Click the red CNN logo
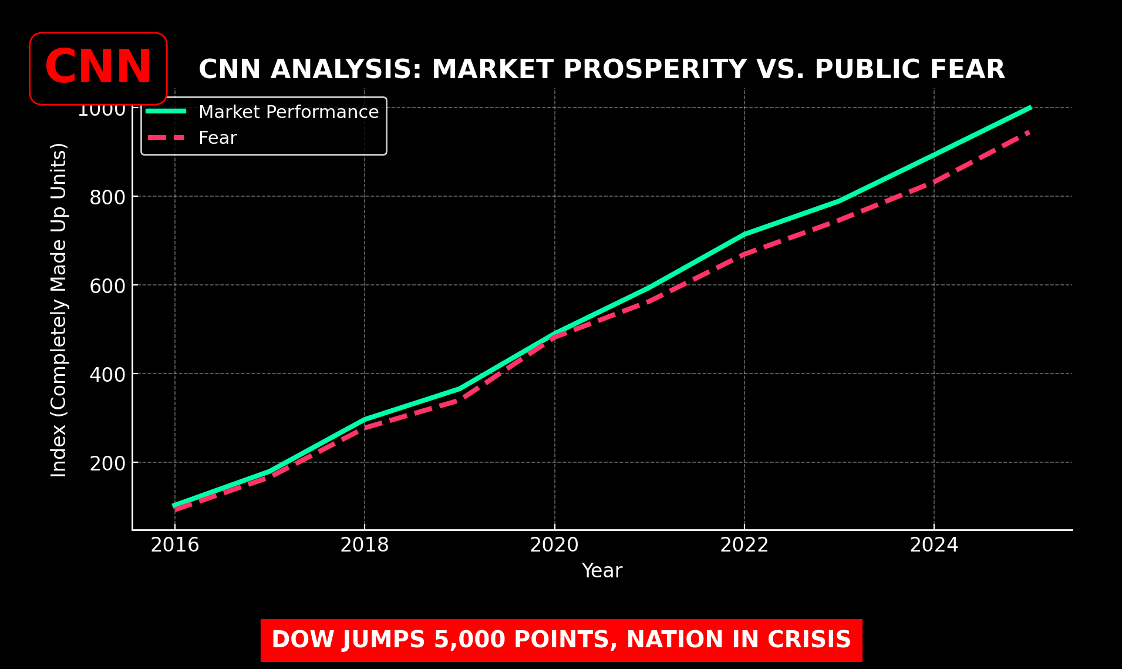98,68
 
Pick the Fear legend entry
217,138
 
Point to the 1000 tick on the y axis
102,109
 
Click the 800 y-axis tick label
107,197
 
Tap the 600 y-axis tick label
107,286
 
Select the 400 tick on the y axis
107,375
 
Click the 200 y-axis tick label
107,463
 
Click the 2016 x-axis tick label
175,545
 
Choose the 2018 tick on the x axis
365,545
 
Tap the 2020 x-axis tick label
554,545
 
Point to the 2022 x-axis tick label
744,545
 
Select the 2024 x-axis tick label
934,545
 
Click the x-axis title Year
602,571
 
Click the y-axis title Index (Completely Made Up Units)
59,310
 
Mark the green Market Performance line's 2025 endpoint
1029,108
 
